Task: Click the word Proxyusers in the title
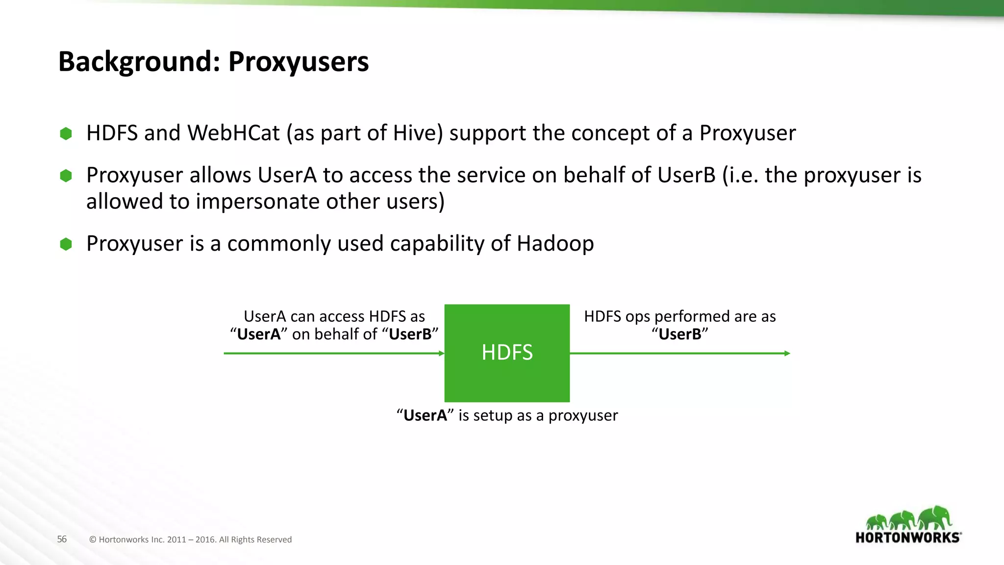[298, 62]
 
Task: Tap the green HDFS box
[507, 353]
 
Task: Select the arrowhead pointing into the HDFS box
[441, 353]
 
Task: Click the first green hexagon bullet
[66, 133]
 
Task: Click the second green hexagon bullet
[66, 176]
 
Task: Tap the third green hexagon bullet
[66, 244]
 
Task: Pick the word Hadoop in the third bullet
[555, 244]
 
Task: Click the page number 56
[62, 539]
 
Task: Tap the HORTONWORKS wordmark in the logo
[907, 538]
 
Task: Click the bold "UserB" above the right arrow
[680, 334]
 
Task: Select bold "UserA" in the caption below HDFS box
[425, 415]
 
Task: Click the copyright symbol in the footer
[93, 539]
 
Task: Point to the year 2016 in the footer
[205, 539]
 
